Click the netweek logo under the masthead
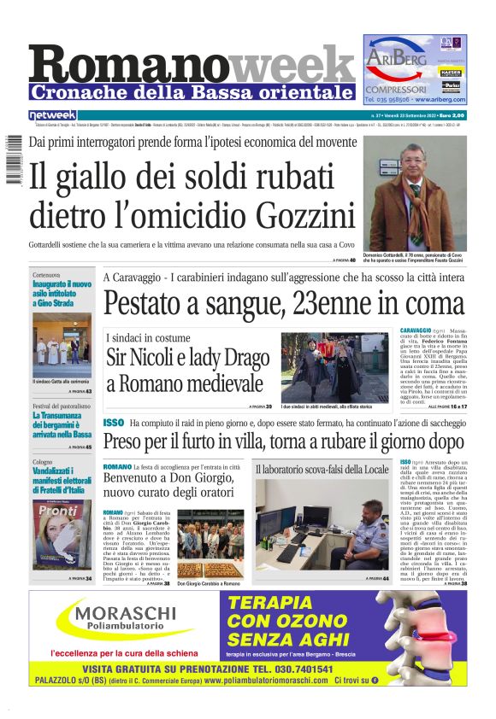(x=52, y=114)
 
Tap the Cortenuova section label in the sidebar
(x=47, y=276)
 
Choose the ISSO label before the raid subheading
(x=113, y=423)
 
